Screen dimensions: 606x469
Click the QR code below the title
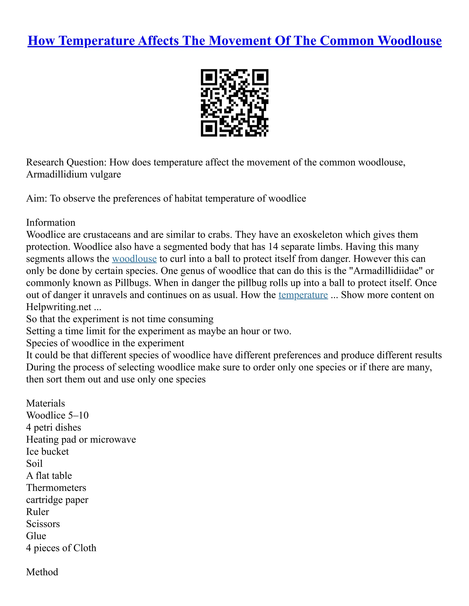(x=234, y=103)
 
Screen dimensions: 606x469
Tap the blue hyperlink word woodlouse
(x=134, y=259)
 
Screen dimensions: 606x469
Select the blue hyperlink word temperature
(x=303, y=295)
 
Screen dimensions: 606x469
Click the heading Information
(x=51, y=223)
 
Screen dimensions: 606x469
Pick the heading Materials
(x=46, y=403)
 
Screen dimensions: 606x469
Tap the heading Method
(x=42, y=572)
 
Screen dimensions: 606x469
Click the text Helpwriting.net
(x=59, y=307)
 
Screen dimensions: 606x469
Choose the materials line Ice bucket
(x=47, y=451)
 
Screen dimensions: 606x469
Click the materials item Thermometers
(x=56, y=488)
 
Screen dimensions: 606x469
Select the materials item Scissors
(x=43, y=524)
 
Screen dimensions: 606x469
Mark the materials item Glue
(x=36, y=536)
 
